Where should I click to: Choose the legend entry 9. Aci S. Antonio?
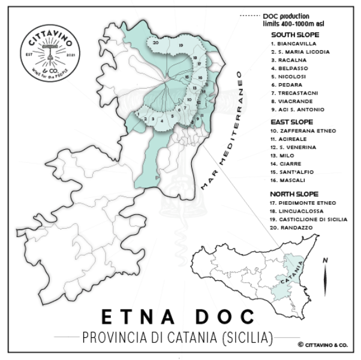point(298,110)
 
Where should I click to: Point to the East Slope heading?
point(293,122)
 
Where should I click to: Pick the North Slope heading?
point(294,193)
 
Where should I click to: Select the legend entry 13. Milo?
point(285,155)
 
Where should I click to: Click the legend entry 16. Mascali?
point(290,180)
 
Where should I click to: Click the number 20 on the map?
point(155,43)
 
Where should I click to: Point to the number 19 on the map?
point(179,46)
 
